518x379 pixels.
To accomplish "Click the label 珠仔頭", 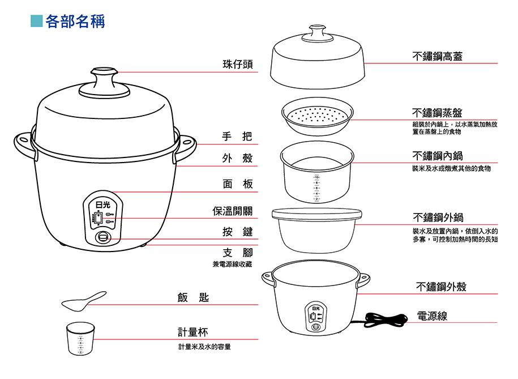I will tap(237, 65).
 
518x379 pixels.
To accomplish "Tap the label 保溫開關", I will tap(232, 211).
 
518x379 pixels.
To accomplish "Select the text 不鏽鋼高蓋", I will tap(438, 56).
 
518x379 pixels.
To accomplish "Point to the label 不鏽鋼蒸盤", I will tap(437, 113).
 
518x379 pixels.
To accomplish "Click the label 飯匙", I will tap(192, 297).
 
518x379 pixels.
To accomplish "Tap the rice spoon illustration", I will tap(83, 301).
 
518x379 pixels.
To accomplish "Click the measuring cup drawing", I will tap(80, 339).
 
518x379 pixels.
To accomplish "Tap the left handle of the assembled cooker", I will tap(23, 143).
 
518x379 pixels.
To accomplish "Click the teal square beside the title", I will tap(36, 22).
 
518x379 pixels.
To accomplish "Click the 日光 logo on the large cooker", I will tap(102, 205).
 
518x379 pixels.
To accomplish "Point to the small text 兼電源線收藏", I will tap(232, 264).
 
